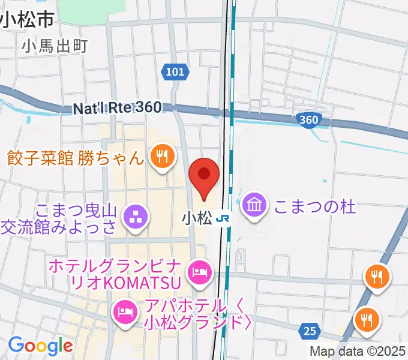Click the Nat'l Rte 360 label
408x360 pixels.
[x=117, y=108]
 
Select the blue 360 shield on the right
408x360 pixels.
[x=308, y=120]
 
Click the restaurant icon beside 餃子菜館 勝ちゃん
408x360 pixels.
[x=161, y=157]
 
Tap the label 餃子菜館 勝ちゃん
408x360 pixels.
[x=76, y=158]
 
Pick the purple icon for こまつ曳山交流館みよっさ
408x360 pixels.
[x=135, y=217]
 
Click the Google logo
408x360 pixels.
[x=40, y=345]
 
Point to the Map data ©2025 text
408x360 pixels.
[x=358, y=351]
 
